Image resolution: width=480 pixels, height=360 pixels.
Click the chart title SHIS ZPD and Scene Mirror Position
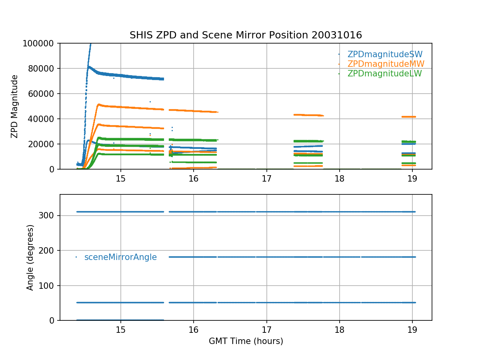coord(246,35)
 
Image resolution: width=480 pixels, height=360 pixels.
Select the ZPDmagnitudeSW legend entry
coord(385,54)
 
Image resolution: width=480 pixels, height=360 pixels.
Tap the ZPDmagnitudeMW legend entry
coord(386,64)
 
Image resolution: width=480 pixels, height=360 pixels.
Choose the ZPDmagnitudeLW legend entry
coord(384,74)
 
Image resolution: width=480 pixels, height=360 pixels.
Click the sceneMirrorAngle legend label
coord(120,257)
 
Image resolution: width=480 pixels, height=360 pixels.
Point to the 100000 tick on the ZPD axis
coord(41,43)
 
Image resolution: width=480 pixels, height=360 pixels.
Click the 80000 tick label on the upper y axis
coord(43,68)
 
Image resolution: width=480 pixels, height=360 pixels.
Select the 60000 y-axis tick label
coord(43,94)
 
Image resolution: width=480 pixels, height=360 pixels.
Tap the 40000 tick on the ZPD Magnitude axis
coord(43,119)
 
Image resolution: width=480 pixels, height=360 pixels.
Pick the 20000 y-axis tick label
coord(43,144)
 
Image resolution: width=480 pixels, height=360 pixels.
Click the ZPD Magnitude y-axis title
coord(15,106)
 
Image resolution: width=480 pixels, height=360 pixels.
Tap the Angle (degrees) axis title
coord(30,257)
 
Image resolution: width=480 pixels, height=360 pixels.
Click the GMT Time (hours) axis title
coord(246,341)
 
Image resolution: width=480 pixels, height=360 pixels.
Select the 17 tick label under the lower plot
coord(266,330)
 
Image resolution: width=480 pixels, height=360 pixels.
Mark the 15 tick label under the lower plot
coord(120,330)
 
